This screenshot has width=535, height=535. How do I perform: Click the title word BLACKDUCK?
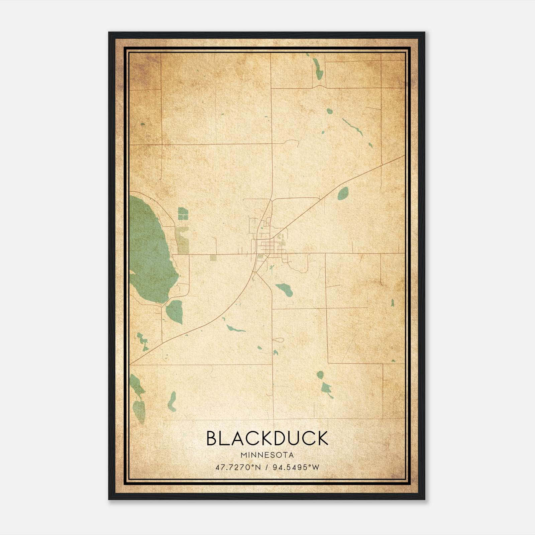(x=267, y=438)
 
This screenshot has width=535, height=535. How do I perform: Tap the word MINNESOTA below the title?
(x=267, y=455)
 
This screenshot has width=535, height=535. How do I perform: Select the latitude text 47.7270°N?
(x=238, y=467)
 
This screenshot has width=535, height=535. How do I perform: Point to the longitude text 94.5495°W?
(x=296, y=467)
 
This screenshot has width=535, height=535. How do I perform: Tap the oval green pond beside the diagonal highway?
(x=343, y=193)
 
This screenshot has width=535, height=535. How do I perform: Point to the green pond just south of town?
(x=285, y=289)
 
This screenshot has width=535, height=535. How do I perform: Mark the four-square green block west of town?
(x=183, y=213)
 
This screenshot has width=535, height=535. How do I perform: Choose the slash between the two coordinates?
(x=267, y=467)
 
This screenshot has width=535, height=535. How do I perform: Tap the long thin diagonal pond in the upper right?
(x=352, y=126)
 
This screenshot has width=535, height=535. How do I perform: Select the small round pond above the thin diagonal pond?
(x=329, y=111)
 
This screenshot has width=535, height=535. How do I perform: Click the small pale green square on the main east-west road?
(x=213, y=257)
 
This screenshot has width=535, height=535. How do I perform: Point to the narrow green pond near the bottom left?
(x=172, y=401)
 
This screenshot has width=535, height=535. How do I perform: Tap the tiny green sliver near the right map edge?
(x=392, y=303)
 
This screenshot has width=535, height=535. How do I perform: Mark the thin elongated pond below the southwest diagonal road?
(x=235, y=329)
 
